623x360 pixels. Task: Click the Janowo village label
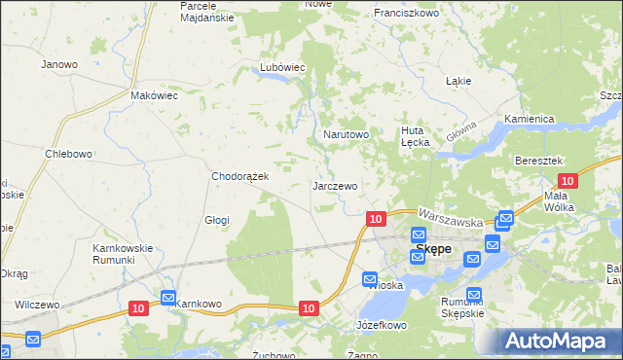pos(59,64)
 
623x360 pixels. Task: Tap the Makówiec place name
pos(154,96)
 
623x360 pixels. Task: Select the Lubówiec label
pos(282,67)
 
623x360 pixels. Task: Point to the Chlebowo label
pos(68,154)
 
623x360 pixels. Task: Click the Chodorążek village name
pos(247,176)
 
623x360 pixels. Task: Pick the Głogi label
pos(216,220)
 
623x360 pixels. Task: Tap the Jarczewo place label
pos(335,185)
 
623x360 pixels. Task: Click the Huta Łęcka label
pos(416,135)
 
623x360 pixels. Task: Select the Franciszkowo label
pos(407,14)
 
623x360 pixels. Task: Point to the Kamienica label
pos(529,119)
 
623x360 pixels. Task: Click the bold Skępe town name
pos(433,249)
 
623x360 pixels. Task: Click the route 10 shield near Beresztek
pos(568,180)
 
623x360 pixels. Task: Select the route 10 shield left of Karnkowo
pos(138,307)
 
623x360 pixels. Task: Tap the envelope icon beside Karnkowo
pos(167,297)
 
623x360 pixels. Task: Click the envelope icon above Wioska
pos(370,279)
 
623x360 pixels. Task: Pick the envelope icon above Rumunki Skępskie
pos(474,294)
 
